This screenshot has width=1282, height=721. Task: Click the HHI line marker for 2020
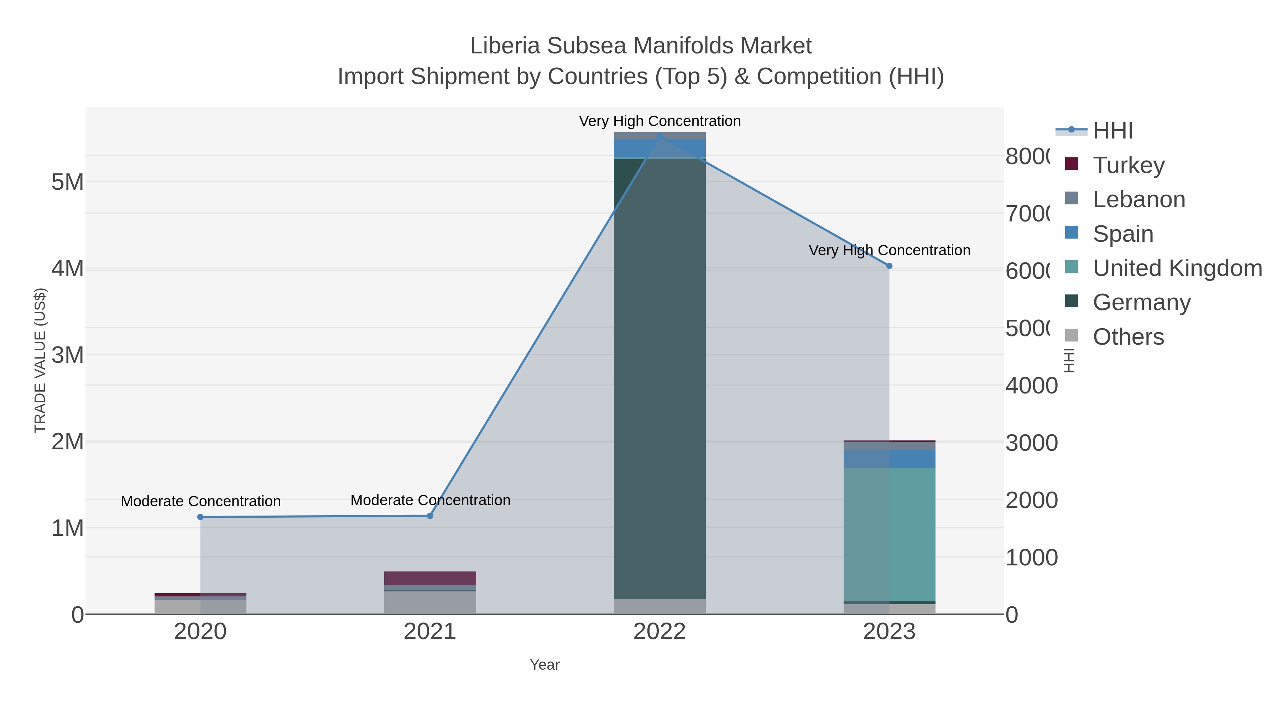pyautogui.click(x=200, y=517)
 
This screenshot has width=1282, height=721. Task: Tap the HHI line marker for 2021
pyautogui.click(x=430, y=516)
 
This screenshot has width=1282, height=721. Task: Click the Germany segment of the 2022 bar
pyautogui.click(x=660, y=378)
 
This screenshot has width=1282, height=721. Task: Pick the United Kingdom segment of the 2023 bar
pyautogui.click(x=889, y=535)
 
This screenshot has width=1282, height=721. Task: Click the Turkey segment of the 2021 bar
pyautogui.click(x=430, y=578)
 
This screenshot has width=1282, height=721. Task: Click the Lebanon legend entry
pyautogui.click(x=1139, y=199)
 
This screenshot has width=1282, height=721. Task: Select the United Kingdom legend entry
pyautogui.click(x=1177, y=268)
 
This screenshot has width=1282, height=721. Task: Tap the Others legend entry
pyautogui.click(x=1128, y=337)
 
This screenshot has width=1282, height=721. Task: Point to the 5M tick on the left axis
pyautogui.click(x=68, y=182)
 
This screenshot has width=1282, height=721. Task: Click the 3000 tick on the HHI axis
pyautogui.click(x=1031, y=443)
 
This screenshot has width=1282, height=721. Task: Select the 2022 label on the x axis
pyautogui.click(x=660, y=632)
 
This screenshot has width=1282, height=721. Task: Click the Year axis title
pyautogui.click(x=544, y=665)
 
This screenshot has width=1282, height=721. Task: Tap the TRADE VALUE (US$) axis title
pyautogui.click(x=40, y=360)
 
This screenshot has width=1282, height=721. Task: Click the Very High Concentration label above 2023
pyautogui.click(x=889, y=250)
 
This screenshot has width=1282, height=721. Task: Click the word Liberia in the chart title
pyautogui.click(x=505, y=46)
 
